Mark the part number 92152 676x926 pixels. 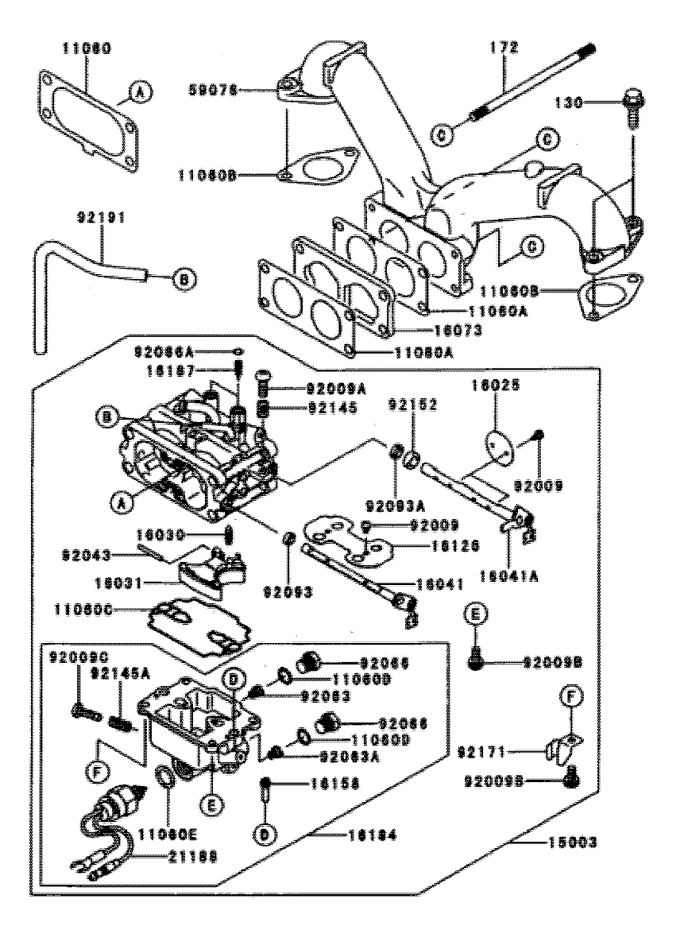pyautogui.click(x=411, y=405)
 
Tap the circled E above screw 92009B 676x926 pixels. pyautogui.click(x=475, y=614)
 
